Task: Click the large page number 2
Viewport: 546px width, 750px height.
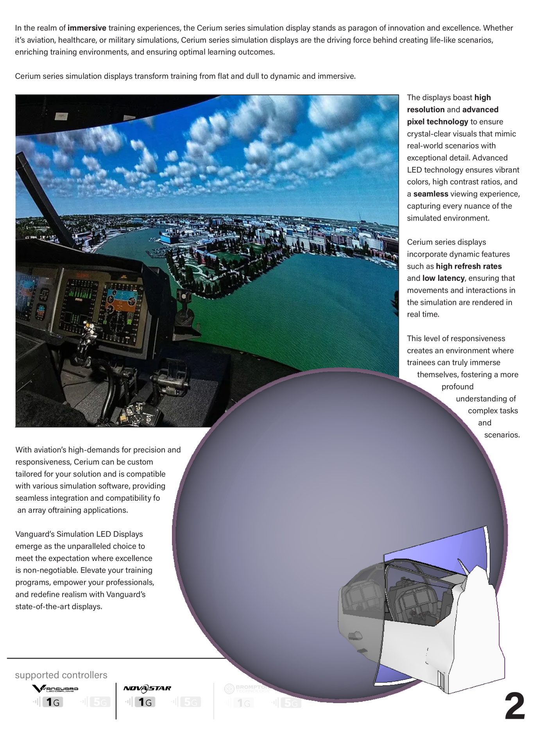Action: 514,707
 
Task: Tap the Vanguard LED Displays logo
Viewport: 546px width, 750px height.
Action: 55,689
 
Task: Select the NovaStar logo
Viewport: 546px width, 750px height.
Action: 147,688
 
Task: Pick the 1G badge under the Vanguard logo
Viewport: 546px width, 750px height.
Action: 53,702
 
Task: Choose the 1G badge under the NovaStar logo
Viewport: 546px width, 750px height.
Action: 145,702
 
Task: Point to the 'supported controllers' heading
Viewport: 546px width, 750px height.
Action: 61,675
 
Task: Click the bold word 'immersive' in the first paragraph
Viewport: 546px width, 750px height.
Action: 87,28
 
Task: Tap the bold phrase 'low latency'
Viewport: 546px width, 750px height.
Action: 443,278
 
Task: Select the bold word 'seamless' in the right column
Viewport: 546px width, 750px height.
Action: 431,194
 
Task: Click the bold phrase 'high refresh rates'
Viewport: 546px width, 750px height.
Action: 469,266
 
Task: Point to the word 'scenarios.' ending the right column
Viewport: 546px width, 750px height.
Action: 502,435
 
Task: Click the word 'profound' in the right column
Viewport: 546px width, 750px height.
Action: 457,387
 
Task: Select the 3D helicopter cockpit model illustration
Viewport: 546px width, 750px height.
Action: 422,609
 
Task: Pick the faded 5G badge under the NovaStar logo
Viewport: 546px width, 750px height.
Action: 190,702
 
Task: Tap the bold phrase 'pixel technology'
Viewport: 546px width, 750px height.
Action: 437,121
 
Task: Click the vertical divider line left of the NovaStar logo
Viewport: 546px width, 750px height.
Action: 116,701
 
